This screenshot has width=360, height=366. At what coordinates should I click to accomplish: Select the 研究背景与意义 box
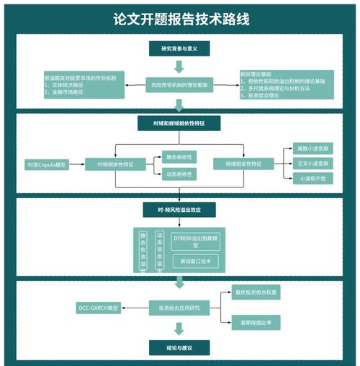coord(179,49)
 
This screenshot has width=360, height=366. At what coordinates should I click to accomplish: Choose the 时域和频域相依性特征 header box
coord(179,123)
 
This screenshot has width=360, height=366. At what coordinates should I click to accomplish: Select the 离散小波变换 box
coord(312,148)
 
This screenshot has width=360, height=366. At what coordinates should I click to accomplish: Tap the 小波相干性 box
coord(312,178)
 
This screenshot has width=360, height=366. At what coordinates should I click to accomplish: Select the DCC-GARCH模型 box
coord(98,308)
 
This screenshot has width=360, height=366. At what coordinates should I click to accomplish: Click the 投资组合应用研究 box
coord(179,308)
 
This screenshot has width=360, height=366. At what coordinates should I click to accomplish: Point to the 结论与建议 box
coord(179,347)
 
